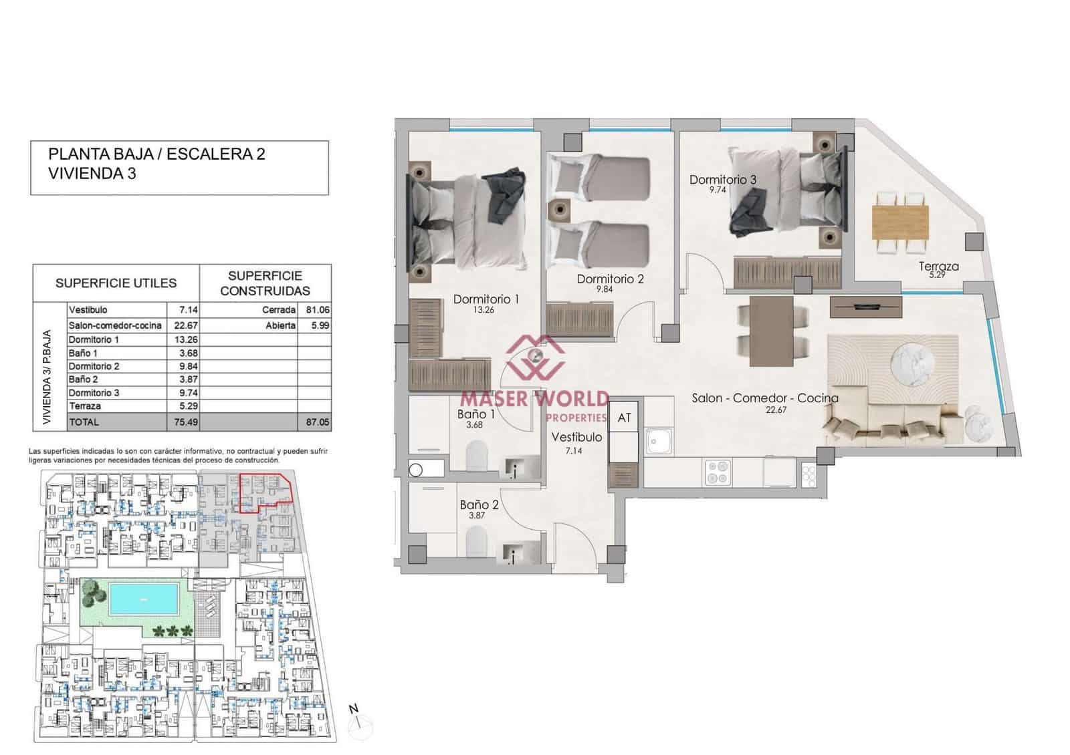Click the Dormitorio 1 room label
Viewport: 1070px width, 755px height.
coord(486,299)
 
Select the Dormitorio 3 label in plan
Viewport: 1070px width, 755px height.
coord(722,180)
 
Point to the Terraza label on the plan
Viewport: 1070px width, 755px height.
coord(938,267)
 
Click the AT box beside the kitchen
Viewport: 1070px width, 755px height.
coord(624,418)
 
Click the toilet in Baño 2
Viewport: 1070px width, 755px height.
coord(475,541)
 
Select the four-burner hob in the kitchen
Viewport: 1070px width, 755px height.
coord(718,472)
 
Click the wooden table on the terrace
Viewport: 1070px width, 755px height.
coord(900,222)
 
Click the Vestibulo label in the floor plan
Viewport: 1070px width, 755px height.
coord(576,437)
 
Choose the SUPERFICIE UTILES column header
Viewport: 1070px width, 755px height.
coord(116,283)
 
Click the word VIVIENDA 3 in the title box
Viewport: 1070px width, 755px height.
coord(92,173)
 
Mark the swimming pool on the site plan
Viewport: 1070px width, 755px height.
coord(143,599)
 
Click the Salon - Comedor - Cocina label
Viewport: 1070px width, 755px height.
coord(764,398)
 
